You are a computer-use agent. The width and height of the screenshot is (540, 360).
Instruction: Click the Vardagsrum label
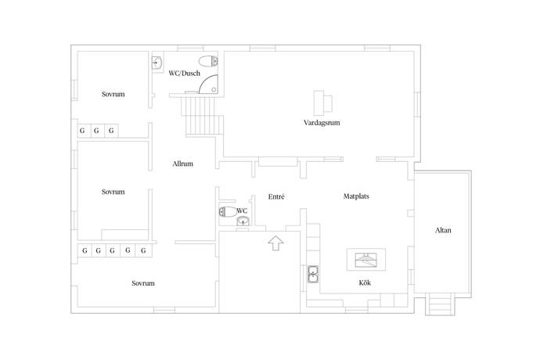322,123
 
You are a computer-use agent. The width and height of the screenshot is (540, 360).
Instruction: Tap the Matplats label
356,196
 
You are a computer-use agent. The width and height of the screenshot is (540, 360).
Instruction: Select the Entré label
276,196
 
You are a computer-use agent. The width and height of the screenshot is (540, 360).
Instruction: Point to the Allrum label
182,164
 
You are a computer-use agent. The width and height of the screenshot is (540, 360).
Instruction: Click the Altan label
443,230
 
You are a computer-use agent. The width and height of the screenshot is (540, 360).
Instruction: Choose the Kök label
365,283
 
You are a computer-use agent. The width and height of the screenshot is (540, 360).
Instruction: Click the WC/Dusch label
184,74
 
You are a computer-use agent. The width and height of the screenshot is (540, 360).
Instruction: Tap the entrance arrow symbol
275,243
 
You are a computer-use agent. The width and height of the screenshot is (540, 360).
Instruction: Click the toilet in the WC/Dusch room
208,61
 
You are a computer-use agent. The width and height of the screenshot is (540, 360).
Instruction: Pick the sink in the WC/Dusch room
157,63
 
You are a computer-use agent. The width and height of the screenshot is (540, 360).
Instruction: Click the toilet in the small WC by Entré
228,211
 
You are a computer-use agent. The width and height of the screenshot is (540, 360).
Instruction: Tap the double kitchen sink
313,274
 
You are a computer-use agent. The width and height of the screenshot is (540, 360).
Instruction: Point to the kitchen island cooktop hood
365,260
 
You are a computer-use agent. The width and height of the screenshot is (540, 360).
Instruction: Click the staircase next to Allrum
203,117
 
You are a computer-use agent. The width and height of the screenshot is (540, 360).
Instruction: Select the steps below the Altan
440,304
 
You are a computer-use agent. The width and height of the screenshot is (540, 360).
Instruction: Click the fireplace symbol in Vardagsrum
322,103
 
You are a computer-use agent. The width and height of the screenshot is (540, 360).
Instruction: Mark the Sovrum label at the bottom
143,283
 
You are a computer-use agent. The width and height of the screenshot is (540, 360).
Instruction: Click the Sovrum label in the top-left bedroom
113,94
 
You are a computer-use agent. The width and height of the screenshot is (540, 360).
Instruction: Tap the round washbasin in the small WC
243,221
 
